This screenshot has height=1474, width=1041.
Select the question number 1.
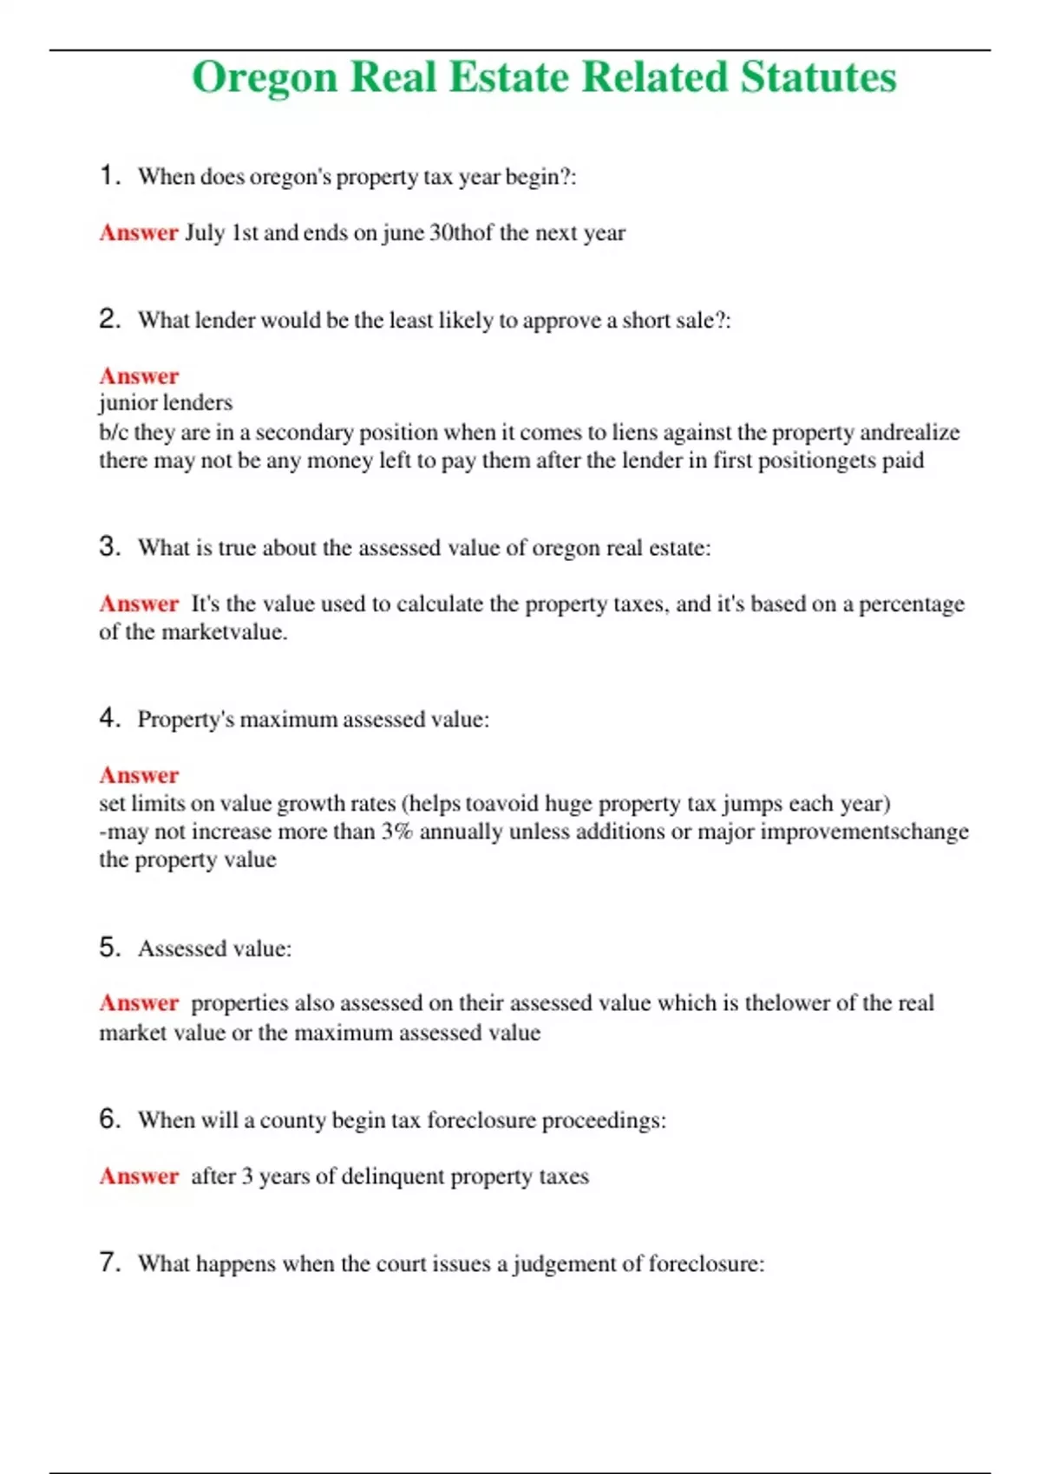click(x=108, y=176)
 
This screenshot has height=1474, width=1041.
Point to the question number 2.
click(x=109, y=319)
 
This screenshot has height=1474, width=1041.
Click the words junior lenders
click(x=166, y=403)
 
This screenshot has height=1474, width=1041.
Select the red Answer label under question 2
click(x=139, y=376)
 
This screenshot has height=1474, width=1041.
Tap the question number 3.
click(x=109, y=547)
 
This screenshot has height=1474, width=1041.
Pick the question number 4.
click(x=109, y=718)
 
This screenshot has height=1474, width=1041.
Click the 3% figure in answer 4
click(x=396, y=832)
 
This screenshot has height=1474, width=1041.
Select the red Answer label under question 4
click(x=139, y=775)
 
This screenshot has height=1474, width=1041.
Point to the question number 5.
click(x=109, y=947)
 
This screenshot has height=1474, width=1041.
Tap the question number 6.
click(x=109, y=1119)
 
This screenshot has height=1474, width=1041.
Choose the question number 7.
click(x=109, y=1262)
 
